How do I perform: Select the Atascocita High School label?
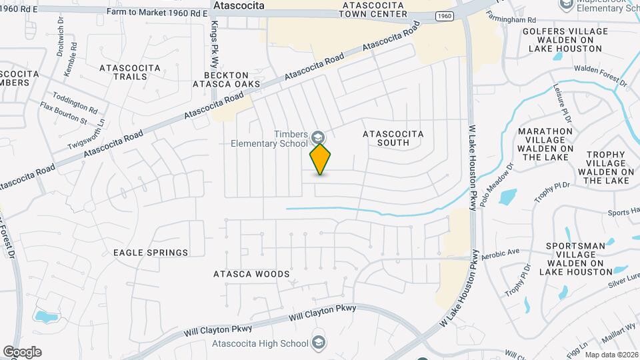click(x=259, y=344)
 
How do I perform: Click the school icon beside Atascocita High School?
click(x=318, y=343)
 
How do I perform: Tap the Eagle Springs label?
click(x=151, y=253)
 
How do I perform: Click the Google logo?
click(x=22, y=352)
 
